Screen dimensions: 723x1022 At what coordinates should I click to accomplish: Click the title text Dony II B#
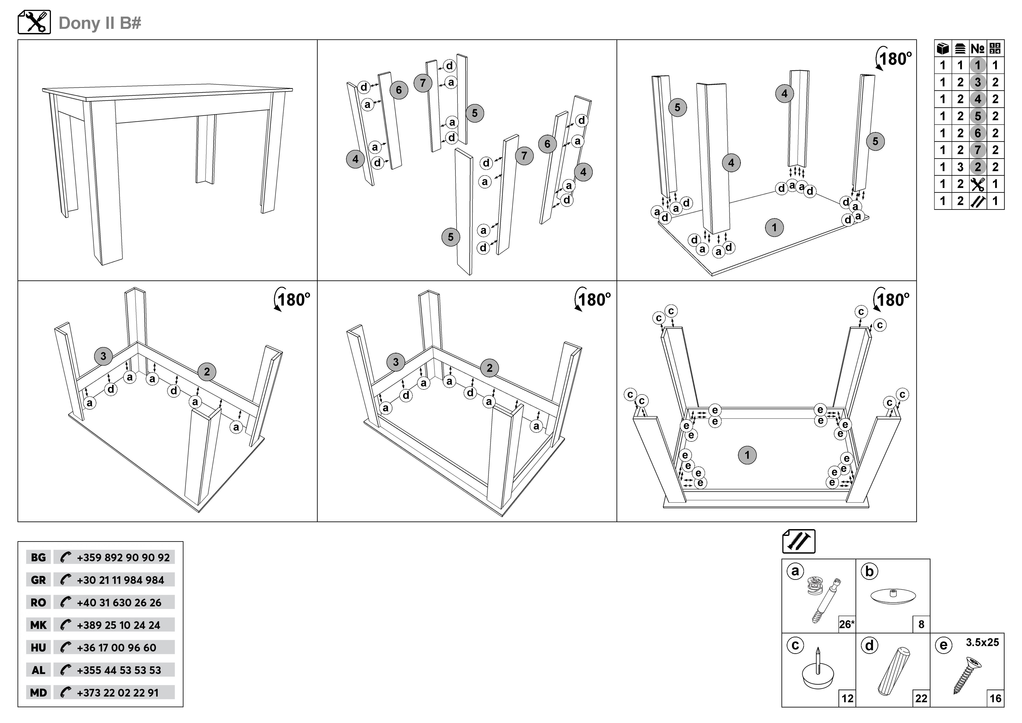click(100, 23)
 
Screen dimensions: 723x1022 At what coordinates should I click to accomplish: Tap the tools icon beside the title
click(34, 22)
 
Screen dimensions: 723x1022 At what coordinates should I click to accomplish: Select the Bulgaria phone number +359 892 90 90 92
click(123, 557)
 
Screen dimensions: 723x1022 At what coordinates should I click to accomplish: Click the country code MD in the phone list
click(38, 693)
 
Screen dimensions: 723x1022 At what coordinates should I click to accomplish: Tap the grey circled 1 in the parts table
click(977, 65)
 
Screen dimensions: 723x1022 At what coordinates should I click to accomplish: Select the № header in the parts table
click(977, 49)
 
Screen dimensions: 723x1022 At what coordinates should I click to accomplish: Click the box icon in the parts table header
click(943, 49)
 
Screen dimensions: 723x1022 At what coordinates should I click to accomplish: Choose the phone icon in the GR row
click(66, 580)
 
